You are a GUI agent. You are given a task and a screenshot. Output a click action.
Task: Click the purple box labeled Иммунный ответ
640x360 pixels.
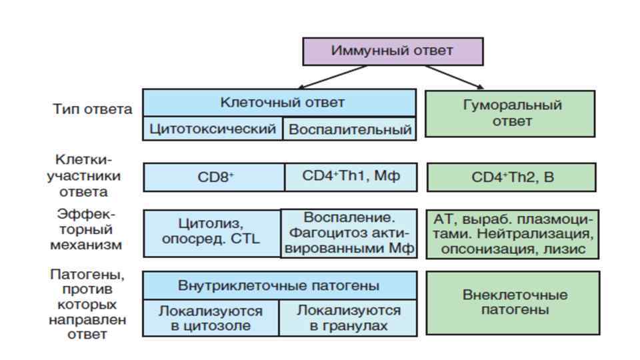pyautogui.click(x=393, y=51)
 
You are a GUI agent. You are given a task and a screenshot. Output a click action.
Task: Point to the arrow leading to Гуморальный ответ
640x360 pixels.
pyautogui.click(x=454, y=76)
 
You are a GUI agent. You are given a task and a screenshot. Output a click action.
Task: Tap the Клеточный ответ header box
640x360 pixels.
pyautogui.click(x=279, y=103)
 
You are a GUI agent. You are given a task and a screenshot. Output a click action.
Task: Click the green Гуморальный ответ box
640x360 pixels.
pyautogui.click(x=510, y=113)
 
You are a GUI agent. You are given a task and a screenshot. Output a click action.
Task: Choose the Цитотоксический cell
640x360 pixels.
pyautogui.click(x=213, y=129)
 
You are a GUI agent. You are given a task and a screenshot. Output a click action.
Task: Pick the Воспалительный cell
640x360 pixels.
pyautogui.click(x=349, y=129)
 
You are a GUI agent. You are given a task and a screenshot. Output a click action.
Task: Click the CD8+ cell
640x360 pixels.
pyautogui.click(x=214, y=177)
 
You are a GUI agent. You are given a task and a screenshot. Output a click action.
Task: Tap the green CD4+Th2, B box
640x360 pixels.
pyautogui.click(x=511, y=177)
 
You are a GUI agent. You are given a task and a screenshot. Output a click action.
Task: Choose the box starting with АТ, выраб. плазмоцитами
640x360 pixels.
pyautogui.click(x=512, y=234)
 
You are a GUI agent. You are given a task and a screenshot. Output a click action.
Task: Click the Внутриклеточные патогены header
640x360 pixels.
pyautogui.click(x=279, y=285)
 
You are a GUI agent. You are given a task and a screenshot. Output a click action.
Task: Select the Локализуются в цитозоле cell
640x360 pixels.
pyautogui.click(x=210, y=318)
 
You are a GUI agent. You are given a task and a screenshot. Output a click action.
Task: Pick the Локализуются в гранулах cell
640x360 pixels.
pyautogui.click(x=348, y=318)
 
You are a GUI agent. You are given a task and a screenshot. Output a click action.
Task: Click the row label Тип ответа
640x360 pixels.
pyautogui.click(x=93, y=109)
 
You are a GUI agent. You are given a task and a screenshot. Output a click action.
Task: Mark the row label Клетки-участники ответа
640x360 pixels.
pyautogui.click(x=88, y=176)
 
